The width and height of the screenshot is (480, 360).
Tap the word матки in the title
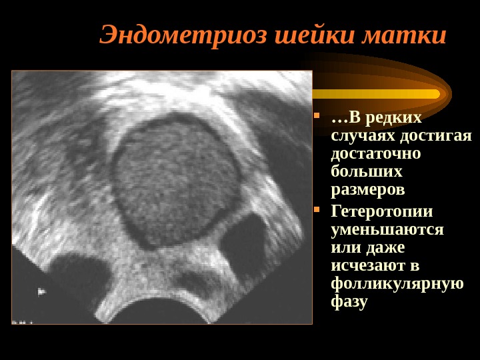pyautogui.click(x=403, y=35)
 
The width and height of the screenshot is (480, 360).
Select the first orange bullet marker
pyautogui.click(x=317, y=121)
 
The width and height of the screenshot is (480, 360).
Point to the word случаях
pyautogui.click(x=362, y=136)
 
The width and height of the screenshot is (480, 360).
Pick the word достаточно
pyautogui.click(x=376, y=154)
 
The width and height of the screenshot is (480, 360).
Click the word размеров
pyautogui.click(x=367, y=190)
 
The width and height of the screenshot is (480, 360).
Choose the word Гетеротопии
pyautogui.click(x=382, y=212)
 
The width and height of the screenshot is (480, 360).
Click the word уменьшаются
pyautogui.click(x=387, y=230)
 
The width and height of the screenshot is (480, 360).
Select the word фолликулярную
pyautogui.click(x=397, y=284)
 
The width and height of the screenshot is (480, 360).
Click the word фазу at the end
pyautogui.click(x=349, y=302)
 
